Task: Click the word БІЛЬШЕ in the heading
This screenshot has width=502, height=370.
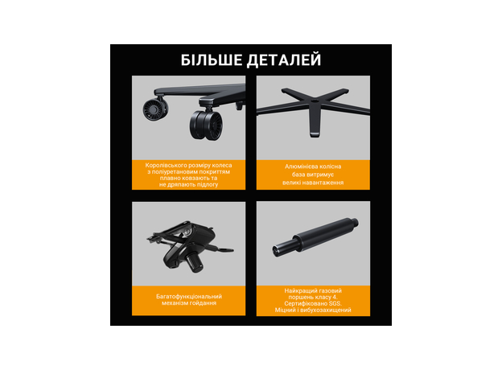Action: [212, 60]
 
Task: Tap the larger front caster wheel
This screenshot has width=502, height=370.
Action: [206, 125]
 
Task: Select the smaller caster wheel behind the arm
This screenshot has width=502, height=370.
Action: [155, 109]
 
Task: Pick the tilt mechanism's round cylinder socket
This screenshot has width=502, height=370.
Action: [195, 262]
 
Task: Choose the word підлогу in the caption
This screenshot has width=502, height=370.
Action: [208, 185]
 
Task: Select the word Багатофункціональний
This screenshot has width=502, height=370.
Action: [189, 297]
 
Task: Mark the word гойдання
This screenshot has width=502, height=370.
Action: [203, 302]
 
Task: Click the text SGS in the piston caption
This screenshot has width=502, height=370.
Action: [335, 303]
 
